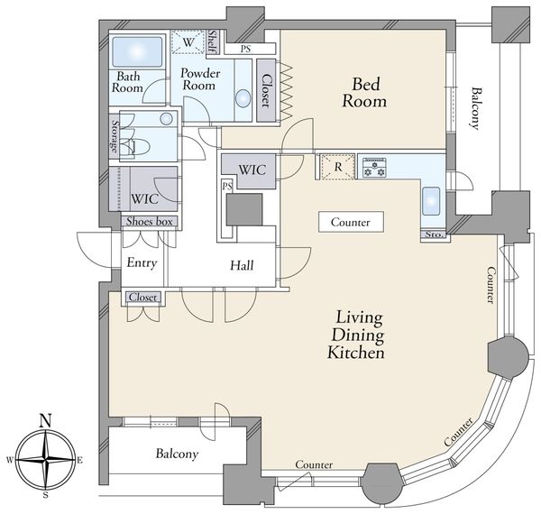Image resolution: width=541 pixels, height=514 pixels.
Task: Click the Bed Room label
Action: point(364,93)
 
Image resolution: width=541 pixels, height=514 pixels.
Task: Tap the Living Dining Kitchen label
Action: point(356,335)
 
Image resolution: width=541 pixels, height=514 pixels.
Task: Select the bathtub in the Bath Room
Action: point(137,51)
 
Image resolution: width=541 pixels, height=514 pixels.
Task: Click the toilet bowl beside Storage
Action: point(140,148)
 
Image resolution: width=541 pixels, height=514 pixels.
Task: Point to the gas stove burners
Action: point(374,168)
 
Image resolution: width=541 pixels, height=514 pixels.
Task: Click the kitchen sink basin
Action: point(431,201)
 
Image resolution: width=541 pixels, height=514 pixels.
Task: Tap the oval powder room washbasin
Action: point(243,98)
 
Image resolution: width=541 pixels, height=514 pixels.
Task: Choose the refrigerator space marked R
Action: point(338,167)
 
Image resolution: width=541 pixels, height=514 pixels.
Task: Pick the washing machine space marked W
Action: point(188,42)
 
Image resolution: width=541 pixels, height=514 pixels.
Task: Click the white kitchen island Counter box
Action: point(351,222)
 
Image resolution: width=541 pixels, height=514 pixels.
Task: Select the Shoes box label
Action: point(149,221)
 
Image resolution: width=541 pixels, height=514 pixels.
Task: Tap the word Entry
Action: point(142,263)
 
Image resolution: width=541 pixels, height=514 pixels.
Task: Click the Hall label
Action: point(242,265)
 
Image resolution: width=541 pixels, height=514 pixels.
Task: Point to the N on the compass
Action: point(46,420)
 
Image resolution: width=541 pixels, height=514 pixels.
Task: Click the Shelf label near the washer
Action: point(213,42)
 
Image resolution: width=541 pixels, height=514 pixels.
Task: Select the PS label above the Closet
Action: point(245,49)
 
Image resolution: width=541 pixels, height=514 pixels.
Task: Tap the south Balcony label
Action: point(177,454)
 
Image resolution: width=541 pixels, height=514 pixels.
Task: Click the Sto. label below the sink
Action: point(434,235)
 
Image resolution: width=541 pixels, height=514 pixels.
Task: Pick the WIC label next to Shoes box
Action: point(144,199)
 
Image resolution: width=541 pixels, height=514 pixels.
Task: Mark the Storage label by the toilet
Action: point(115,136)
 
